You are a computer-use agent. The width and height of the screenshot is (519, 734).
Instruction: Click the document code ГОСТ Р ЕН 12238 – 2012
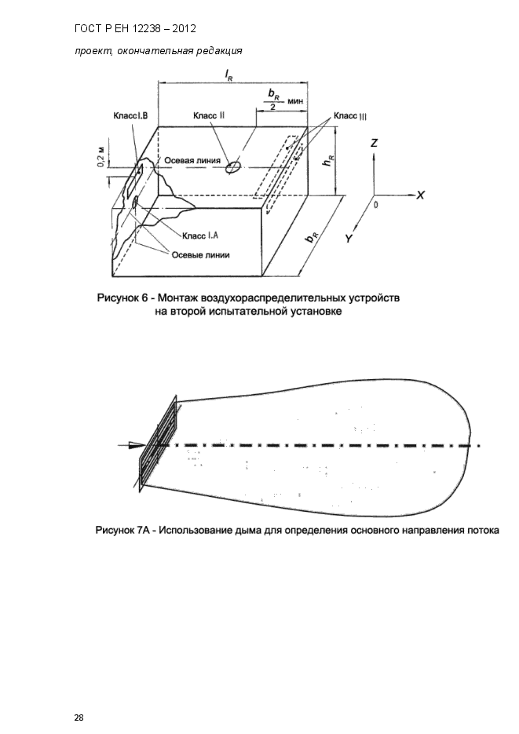pos(134,29)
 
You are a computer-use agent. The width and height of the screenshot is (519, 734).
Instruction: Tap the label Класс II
pos(209,115)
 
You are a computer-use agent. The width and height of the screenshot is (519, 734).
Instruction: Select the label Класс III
pos(350,116)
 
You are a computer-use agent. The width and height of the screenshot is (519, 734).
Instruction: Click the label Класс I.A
pos(200,235)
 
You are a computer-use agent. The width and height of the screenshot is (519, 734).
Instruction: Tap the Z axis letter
pos(375,144)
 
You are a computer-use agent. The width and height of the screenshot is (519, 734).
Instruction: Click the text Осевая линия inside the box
pos(192,159)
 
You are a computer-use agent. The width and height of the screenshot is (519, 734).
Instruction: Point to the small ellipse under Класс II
pos(232,168)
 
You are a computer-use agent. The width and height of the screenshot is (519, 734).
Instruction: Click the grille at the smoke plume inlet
pos(159,443)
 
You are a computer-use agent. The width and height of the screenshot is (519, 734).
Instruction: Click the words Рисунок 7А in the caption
pos(122,529)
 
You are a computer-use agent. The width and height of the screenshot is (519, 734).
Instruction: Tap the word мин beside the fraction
pos(296,102)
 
